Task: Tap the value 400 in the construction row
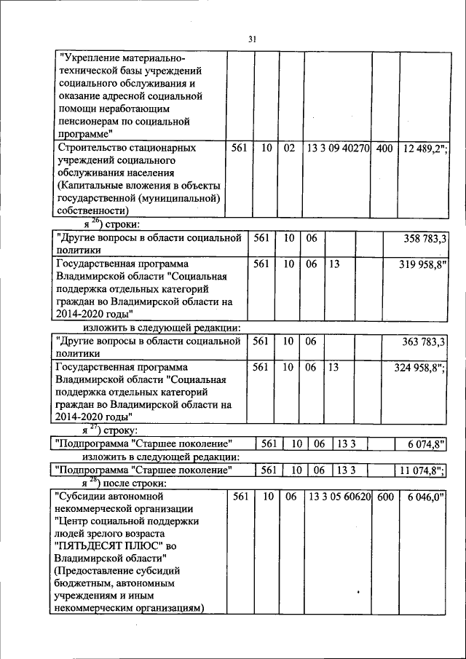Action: pos(385,149)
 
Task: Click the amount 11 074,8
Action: pos(420,470)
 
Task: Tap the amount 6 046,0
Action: pos(422,497)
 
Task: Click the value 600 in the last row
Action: pos(385,497)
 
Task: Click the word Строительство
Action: pos(91,149)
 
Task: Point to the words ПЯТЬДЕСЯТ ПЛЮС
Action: pos(100,545)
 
